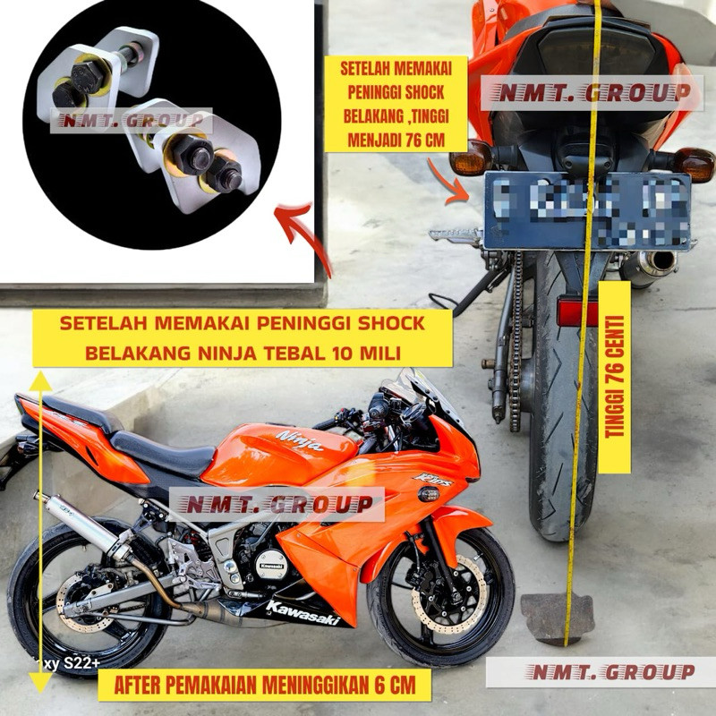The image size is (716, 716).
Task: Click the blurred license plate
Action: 587,210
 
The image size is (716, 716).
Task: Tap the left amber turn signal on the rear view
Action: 472,158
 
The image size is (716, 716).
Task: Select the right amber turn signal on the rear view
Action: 695,165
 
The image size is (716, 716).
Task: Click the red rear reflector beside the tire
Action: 576,312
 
